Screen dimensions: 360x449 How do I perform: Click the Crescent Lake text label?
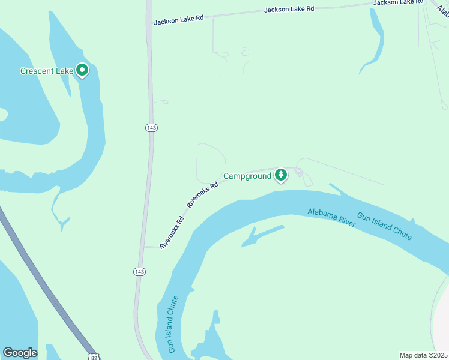coord(46,71)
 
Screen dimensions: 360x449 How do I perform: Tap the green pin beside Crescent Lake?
coord(82,71)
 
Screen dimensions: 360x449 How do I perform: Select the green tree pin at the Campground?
coord(280,175)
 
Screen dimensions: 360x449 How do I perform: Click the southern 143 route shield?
coord(139,272)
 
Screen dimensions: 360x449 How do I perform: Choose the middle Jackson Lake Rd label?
coord(289,9)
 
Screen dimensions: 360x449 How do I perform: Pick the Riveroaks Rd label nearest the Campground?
coord(202,195)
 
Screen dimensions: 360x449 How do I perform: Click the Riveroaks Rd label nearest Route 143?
coord(171,232)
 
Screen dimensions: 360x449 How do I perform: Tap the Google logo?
coord(20,353)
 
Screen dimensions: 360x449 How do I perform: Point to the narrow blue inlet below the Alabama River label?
coord(262,236)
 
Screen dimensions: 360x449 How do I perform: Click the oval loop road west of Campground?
coord(211,163)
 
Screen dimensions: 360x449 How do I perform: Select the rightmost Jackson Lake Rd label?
coord(393,2)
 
